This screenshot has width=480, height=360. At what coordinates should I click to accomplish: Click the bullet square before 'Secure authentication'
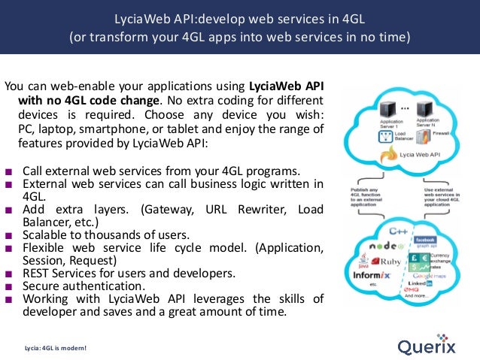(8, 286)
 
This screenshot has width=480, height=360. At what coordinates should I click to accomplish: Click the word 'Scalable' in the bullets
(46, 233)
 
